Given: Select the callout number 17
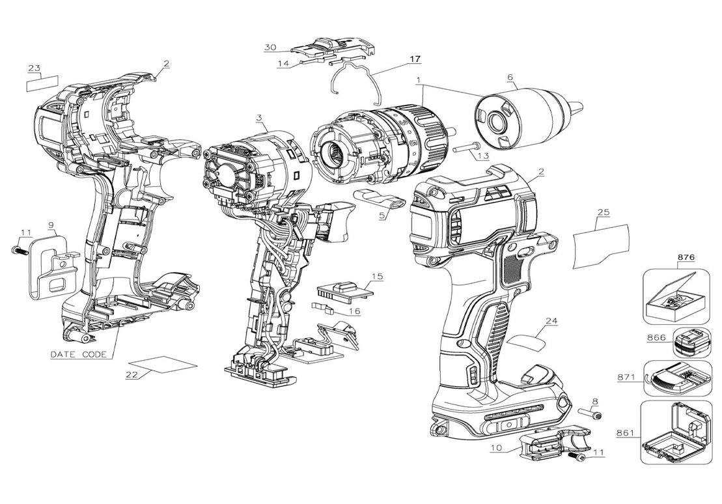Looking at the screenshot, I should point(415,59).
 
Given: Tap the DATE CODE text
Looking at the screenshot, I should point(80,354).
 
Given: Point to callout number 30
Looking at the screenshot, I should point(271,47).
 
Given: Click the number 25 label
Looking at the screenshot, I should point(603,213).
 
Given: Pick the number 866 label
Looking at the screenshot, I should point(656,339).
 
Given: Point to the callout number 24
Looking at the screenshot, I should point(551,320).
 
